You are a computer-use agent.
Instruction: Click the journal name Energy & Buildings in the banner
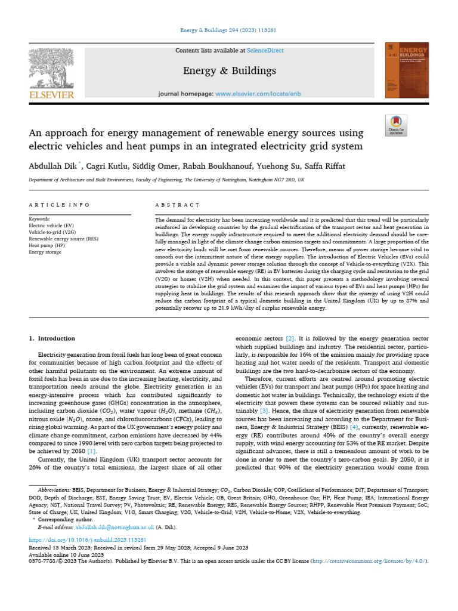(x=229, y=71)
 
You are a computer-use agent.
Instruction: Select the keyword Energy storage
(x=45, y=252)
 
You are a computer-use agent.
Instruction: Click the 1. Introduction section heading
(x=52, y=338)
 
